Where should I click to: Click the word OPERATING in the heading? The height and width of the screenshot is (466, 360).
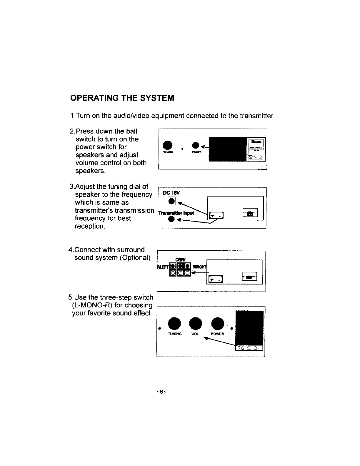94,98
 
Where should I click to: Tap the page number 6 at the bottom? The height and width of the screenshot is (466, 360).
161,392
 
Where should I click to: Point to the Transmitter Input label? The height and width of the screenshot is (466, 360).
176,213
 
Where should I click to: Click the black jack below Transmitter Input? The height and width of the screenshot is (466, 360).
170,220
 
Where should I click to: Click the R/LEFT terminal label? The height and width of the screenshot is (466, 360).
162,267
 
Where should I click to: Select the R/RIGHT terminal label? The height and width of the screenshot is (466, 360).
199,267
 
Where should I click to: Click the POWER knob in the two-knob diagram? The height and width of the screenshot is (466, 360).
196,146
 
